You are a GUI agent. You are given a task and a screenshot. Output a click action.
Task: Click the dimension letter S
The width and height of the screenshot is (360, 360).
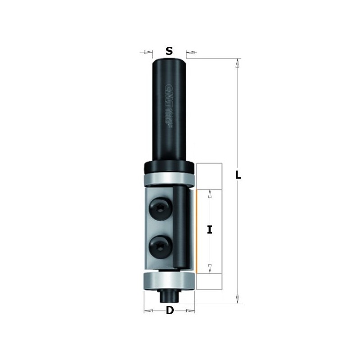coord(169,51)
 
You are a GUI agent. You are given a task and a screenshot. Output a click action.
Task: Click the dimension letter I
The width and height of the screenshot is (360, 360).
coord(209,230)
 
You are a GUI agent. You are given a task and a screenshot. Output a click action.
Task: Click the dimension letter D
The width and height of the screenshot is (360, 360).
coord(170,310)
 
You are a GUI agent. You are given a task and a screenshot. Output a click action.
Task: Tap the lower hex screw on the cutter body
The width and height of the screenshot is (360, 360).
coord(159,246)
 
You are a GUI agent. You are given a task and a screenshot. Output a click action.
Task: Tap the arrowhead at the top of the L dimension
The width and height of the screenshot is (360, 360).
coord(237,63)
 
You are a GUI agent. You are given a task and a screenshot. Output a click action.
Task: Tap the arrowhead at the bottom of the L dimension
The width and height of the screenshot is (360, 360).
coord(237,297)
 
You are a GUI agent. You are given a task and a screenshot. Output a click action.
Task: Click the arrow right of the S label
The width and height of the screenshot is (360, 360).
coord(190,53)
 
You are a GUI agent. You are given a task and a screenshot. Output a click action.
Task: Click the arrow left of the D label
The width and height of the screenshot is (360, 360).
coord(149,310)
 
